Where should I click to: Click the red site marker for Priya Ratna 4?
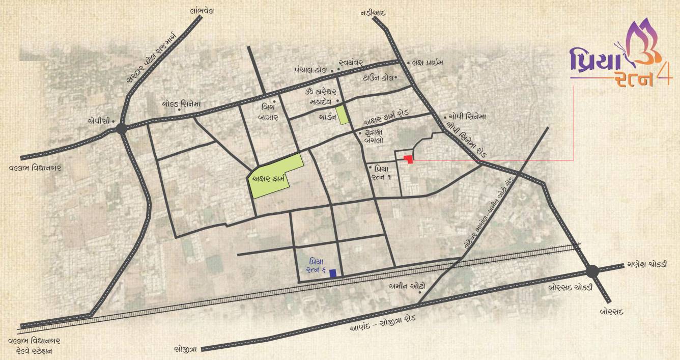[x=408, y=159]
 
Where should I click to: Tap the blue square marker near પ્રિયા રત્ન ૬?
[x=333, y=273]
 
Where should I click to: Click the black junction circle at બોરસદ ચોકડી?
[x=592, y=272]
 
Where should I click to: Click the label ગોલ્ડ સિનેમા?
[x=181, y=103]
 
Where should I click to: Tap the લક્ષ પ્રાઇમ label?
[x=428, y=63]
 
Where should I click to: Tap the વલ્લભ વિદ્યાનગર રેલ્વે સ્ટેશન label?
[x=34, y=346]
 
